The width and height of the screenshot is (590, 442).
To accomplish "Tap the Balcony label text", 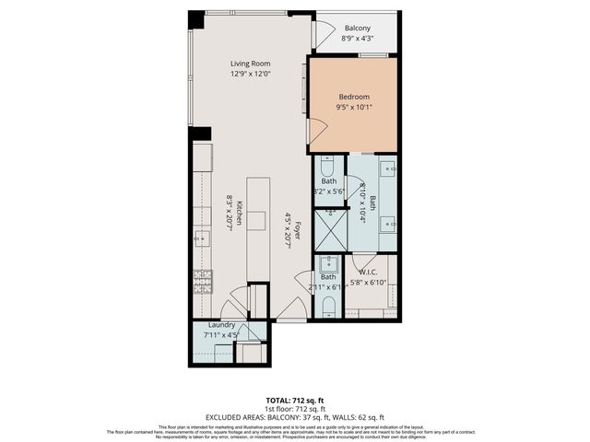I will [358, 29].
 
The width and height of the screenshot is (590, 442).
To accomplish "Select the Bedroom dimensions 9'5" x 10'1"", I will [354, 108].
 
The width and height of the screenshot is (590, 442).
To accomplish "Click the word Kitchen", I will [238, 214].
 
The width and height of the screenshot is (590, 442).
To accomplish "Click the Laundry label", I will [222, 325].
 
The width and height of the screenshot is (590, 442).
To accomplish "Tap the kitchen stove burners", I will [202, 280].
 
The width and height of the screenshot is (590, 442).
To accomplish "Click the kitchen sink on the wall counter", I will [202, 238].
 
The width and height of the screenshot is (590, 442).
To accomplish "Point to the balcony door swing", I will [323, 34].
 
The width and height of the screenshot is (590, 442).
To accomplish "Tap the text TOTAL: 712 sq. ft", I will [294, 399].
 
